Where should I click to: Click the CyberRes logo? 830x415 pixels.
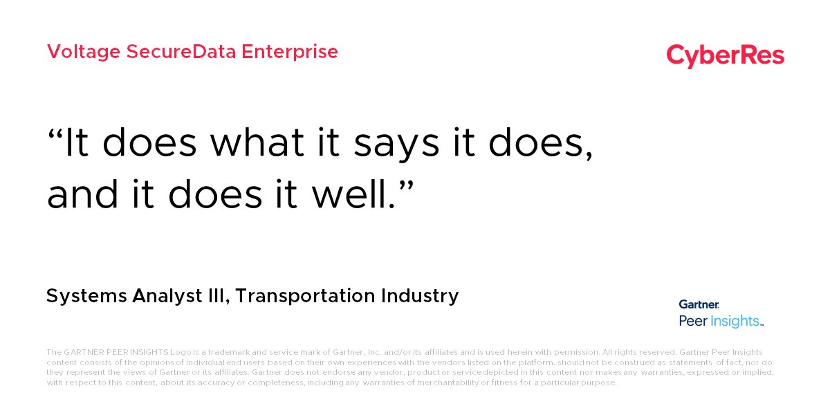(x=725, y=55)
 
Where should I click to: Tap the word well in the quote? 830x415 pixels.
(x=352, y=195)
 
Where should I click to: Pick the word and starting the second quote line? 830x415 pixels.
(x=80, y=195)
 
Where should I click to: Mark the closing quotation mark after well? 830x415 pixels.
(x=405, y=184)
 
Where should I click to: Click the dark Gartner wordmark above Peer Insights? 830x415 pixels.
(x=699, y=304)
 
